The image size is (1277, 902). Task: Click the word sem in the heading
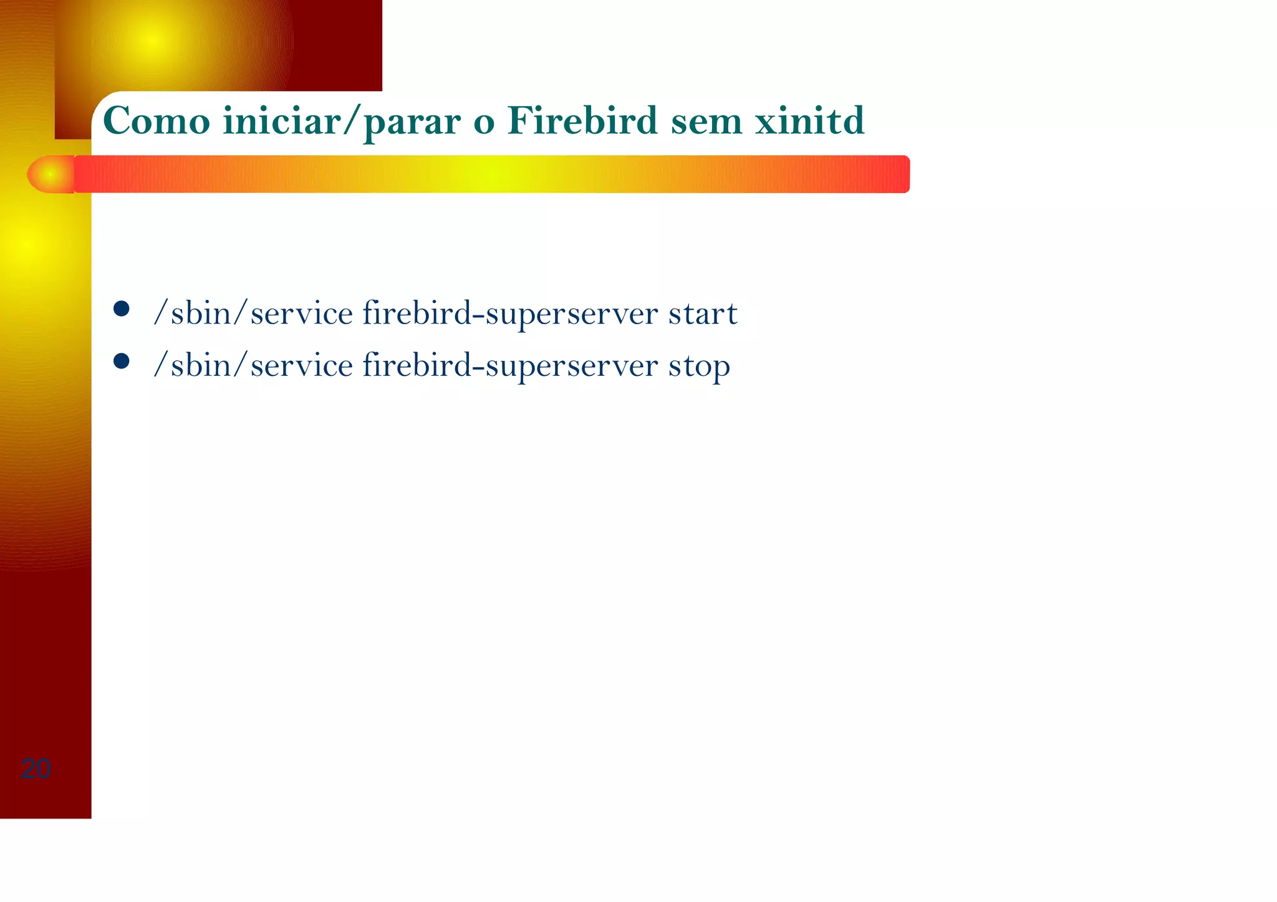[x=706, y=122]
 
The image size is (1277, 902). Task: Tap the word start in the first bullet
[x=703, y=314]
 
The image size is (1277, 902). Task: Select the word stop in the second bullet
[x=699, y=367]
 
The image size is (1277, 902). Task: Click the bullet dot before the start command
[x=122, y=309]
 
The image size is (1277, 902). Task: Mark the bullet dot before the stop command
[x=122, y=362]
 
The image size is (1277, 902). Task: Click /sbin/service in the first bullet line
[x=253, y=314]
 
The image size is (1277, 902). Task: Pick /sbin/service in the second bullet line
[x=253, y=366]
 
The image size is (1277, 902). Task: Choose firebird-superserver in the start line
[x=510, y=314]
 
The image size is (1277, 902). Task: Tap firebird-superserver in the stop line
[x=510, y=366]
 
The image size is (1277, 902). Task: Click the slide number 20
[x=36, y=769]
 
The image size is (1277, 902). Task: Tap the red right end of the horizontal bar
[x=895, y=174]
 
